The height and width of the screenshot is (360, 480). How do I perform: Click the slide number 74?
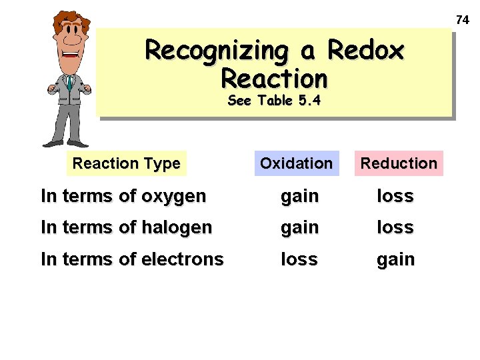[x=463, y=20]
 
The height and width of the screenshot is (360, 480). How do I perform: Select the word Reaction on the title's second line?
[x=274, y=79]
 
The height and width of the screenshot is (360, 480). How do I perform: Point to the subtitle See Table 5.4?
[x=274, y=101]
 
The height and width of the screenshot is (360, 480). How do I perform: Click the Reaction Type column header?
[x=126, y=163]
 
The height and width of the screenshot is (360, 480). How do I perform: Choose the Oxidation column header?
[x=296, y=163]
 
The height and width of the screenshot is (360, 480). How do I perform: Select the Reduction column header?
[x=399, y=163]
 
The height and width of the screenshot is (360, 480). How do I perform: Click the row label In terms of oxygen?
[x=123, y=196]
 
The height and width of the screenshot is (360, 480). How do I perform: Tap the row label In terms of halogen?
[x=126, y=227]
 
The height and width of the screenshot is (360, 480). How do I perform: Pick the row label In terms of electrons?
[x=132, y=259]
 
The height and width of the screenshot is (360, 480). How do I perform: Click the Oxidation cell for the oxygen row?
[x=299, y=197]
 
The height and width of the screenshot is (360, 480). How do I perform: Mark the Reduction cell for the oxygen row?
[x=395, y=196]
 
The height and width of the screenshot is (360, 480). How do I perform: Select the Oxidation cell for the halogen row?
[x=299, y=228]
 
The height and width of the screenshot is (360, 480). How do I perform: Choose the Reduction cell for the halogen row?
[x=395, y=227]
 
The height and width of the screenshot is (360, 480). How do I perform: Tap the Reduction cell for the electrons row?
[x=396, y=259]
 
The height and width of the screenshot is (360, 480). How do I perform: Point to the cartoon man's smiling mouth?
[x=71, y=56]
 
